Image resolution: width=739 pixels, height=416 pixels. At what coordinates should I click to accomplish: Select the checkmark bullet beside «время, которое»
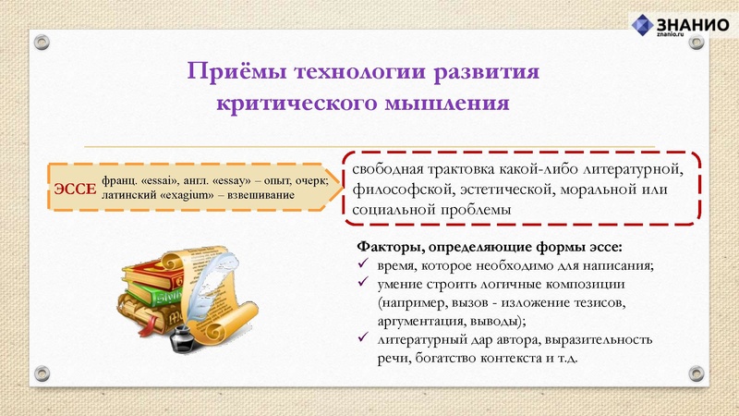point(363,266)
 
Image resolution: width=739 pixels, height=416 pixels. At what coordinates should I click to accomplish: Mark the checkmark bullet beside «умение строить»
point(363,285)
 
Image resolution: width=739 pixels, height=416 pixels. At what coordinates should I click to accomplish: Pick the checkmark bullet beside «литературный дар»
point(363,339)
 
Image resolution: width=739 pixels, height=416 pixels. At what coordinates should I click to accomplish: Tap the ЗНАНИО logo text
point(695,25)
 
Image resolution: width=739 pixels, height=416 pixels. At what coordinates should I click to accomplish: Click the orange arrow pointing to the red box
point(327,188)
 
